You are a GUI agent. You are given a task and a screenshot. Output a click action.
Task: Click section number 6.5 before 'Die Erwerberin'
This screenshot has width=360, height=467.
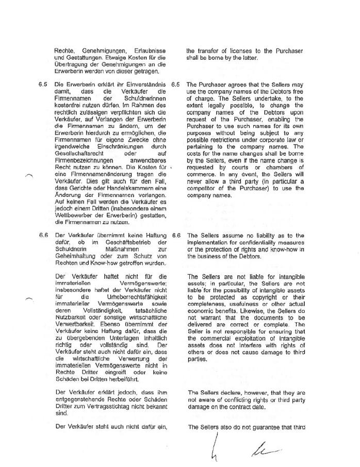pyautogui.click(x=43, y=84)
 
